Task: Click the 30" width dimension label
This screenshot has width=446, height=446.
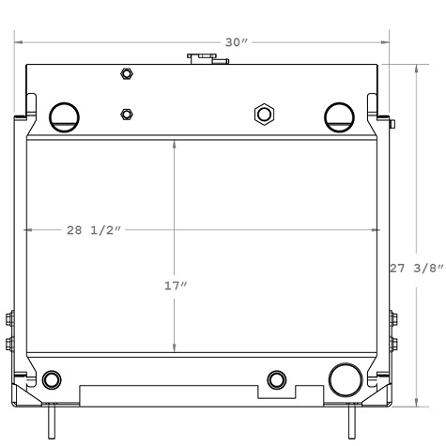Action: click(x=237, y=42)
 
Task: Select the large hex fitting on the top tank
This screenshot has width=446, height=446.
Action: click(x=264, y=115)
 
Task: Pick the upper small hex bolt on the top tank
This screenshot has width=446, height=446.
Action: click(x=126, y=74)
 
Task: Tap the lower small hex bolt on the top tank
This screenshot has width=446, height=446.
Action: click(x=126, y=115)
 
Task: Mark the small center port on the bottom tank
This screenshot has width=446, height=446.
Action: click(x=276, y=378)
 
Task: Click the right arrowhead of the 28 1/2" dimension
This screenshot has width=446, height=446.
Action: click(x=377, y=230)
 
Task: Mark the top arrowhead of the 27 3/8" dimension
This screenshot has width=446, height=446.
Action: click(x=417, y=69)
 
